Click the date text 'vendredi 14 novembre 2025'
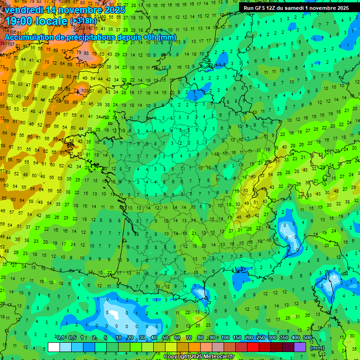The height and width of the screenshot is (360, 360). point(65,10)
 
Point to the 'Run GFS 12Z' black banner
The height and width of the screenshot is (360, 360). point(296,8)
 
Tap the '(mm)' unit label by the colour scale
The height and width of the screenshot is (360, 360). point(317,347)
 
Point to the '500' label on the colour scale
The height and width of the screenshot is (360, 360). point(307,338)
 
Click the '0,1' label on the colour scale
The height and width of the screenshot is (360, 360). point(60,338)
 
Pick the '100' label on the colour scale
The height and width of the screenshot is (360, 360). point(225,338)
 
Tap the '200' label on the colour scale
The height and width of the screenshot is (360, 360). point(248,338)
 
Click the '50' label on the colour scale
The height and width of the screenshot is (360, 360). point(166,338)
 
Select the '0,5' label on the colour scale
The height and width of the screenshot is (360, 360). point(72,338)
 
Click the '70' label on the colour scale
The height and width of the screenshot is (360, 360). point(189,338)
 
